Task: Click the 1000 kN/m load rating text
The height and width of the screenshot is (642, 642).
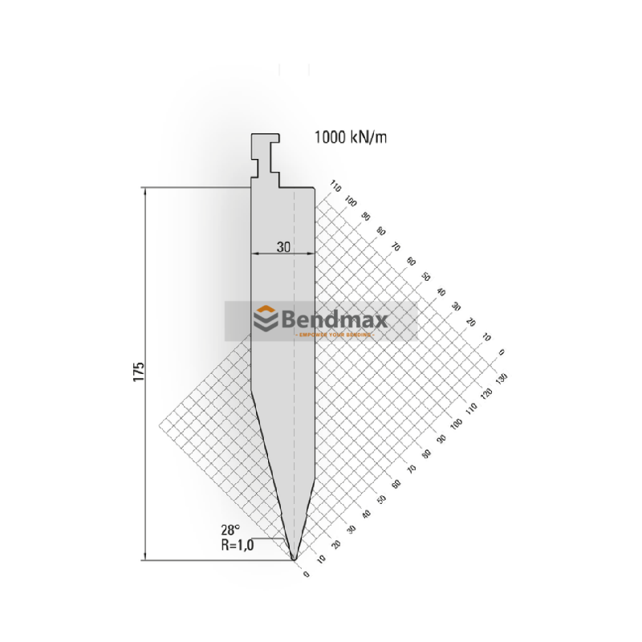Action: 351,138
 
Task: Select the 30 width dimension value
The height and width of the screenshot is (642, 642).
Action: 282,247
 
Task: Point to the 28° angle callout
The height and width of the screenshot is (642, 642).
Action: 231,529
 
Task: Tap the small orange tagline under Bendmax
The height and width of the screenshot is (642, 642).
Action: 331,334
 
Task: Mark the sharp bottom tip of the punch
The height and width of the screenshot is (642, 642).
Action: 294,559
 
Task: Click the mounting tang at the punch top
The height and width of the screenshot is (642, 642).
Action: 265,156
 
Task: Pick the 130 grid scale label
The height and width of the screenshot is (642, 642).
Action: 504,377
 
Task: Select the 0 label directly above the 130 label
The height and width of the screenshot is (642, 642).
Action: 502,351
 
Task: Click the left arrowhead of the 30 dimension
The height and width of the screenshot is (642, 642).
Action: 254,254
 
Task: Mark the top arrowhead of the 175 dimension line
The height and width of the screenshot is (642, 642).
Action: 145,191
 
